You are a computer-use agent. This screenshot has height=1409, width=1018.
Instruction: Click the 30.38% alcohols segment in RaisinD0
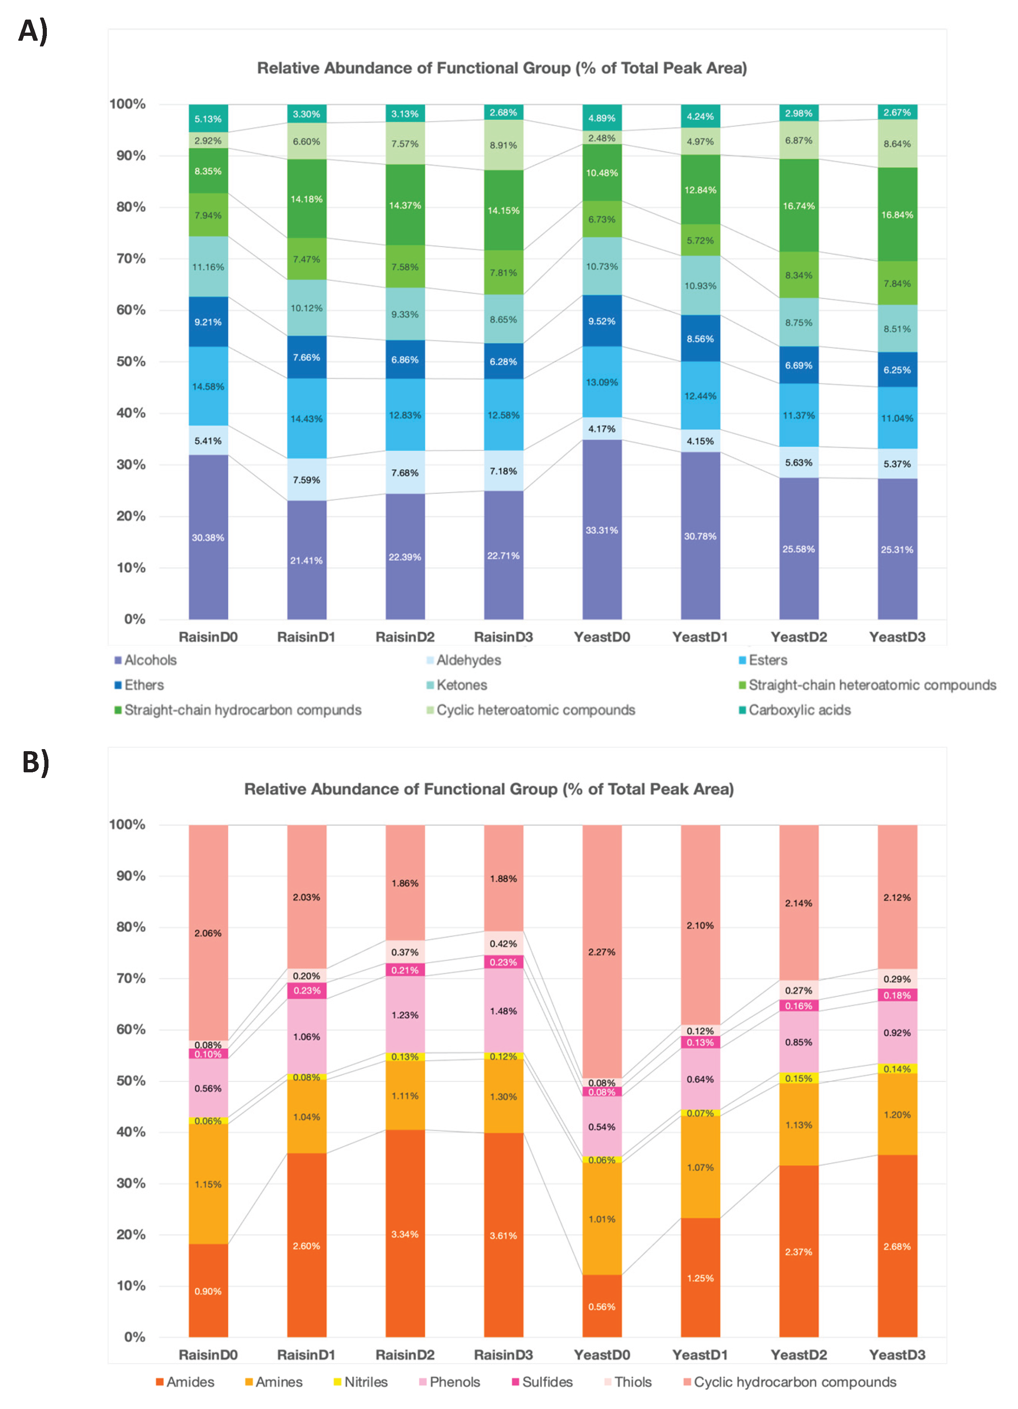tap(208, 537)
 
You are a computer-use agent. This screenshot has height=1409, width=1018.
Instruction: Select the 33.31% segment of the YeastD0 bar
tap(602, 530)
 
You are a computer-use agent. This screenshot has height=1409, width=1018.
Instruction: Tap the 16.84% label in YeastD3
tap(897, 215)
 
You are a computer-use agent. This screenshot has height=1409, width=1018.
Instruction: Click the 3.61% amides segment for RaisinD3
tap(503, 1235)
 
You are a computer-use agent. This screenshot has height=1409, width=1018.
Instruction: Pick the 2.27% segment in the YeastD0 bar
tap(602, 952)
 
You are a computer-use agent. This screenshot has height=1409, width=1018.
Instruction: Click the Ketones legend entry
tap(461, 685)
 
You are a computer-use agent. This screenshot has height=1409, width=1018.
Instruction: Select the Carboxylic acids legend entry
tap(799, 710)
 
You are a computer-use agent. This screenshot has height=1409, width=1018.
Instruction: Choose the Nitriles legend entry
tap(365, 1382)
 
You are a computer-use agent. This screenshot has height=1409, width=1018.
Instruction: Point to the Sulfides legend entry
tap(547, 1382)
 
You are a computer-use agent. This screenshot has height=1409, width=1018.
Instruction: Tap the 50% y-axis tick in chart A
tap(131, 362)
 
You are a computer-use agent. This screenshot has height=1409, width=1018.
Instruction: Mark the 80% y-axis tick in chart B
tap(131, 926)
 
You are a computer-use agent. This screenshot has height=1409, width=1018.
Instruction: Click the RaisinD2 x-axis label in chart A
tap(405, 637)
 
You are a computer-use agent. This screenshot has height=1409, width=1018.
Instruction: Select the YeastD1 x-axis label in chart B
tap(700, 1354)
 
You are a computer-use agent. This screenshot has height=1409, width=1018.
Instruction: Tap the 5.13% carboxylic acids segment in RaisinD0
tap(208, 119)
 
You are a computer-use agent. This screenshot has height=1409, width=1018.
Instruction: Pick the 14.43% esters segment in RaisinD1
tap(306, 419)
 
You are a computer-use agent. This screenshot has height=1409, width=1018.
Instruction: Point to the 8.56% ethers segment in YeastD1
tap(700, 339)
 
